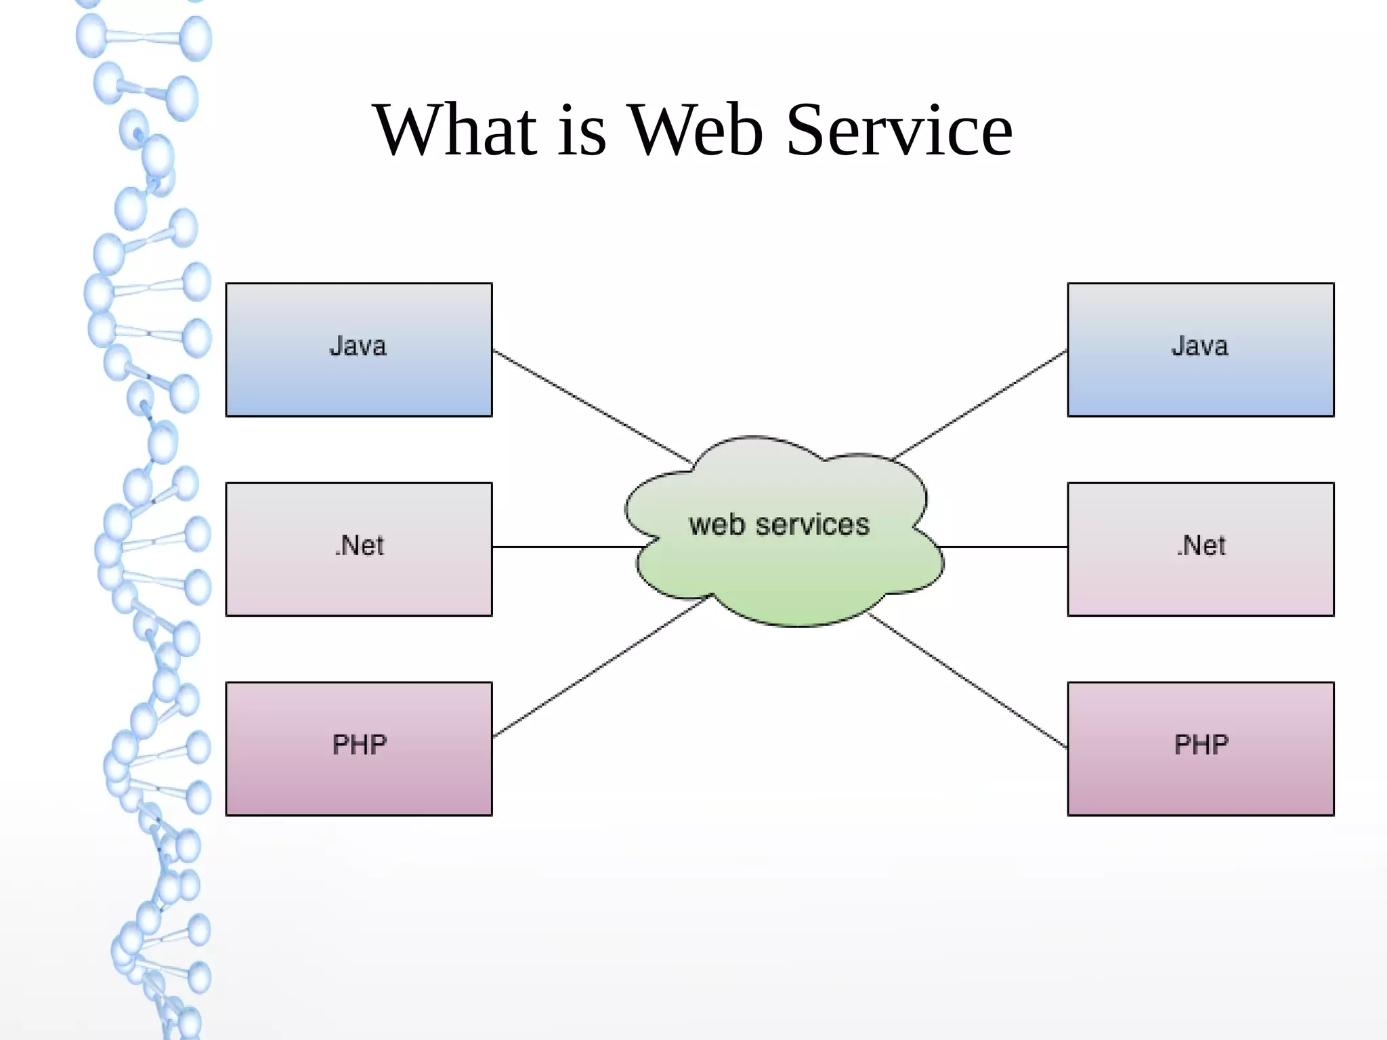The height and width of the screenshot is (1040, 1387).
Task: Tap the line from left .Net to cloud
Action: coord(566,547)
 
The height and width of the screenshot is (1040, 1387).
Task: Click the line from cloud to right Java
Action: coord(981,404)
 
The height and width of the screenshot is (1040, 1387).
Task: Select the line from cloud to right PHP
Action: coord(968,681)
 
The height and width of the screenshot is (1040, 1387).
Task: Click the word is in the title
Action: coord(582,129)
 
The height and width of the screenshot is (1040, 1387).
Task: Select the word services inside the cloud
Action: coord(812,525)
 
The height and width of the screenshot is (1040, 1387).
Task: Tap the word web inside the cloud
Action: coord(717,525)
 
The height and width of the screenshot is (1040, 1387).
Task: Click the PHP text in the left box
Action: coord(359,745)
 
